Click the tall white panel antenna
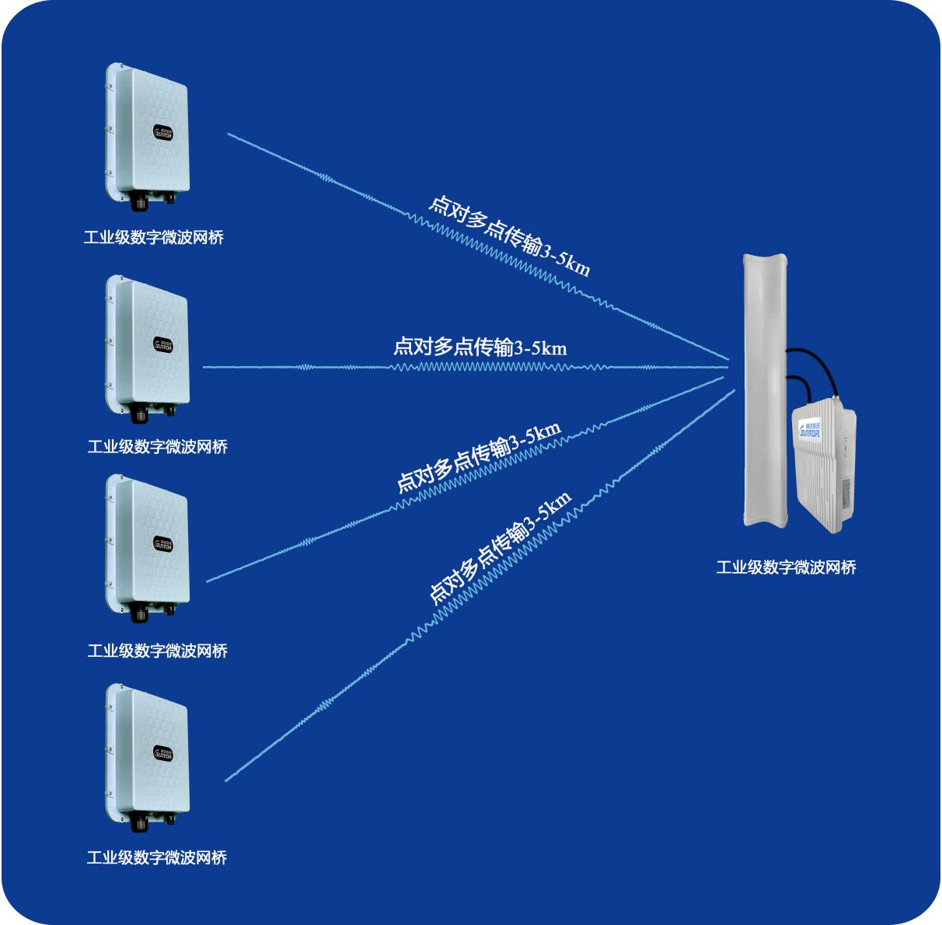[765, 389]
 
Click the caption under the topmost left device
[154, 238]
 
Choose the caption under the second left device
[157, 447]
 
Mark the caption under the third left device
[157, 651]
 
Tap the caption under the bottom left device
[157, 857]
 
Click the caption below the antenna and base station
[786, 567]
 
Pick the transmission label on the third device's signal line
[478, 459]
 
